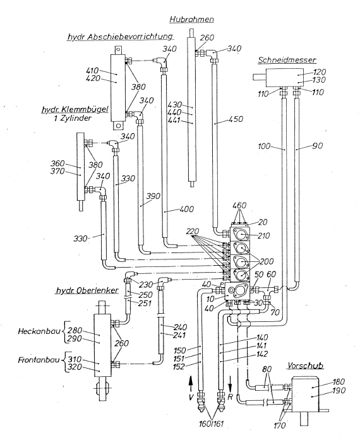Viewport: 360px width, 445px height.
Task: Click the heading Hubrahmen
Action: click(191, 20)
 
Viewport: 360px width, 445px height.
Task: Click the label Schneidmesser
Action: click(287, 60)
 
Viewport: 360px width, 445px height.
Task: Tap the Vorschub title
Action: click(305, 365)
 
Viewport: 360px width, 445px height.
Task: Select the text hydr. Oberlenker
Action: click(87, 290)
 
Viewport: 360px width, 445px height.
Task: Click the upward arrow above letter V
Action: click(191, 383)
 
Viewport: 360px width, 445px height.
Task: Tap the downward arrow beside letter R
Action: click(230, 383)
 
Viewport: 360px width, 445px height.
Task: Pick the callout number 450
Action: click(236, 119)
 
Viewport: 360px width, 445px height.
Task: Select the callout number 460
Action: click(239, 206)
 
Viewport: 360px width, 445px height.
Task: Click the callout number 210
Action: click(263, 235)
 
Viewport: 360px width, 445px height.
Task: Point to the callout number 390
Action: click(153, 196)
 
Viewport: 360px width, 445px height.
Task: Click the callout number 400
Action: click(187, 209)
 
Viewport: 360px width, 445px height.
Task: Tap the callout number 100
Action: click(264, 146)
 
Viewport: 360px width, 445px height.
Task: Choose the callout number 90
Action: click(318, 146)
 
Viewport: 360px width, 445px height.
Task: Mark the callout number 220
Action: click(193, 231)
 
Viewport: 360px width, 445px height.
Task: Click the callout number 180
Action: click(338, 382)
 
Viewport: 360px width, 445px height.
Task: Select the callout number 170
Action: click(280, 425)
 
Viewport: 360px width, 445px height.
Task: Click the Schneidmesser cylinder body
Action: click(285, 78)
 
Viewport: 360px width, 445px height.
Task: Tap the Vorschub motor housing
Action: click(305, 394)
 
